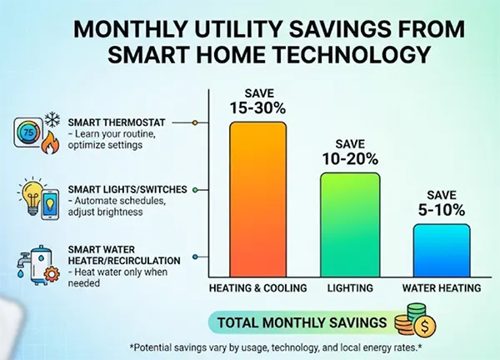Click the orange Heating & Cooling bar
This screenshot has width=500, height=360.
coord(258,200)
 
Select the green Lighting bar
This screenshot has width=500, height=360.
coord(350,225)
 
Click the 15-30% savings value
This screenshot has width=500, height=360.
coord(258,108)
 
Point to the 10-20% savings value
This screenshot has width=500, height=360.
coord(350,159)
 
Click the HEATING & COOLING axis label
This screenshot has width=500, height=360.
coord(257,288)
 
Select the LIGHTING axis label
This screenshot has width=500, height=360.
coord(350,288)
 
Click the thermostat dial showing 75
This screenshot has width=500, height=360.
coord(28,132)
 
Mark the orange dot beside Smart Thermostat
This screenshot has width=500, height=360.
coord(194,122)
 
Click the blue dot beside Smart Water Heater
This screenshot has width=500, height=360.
coord(194,257)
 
